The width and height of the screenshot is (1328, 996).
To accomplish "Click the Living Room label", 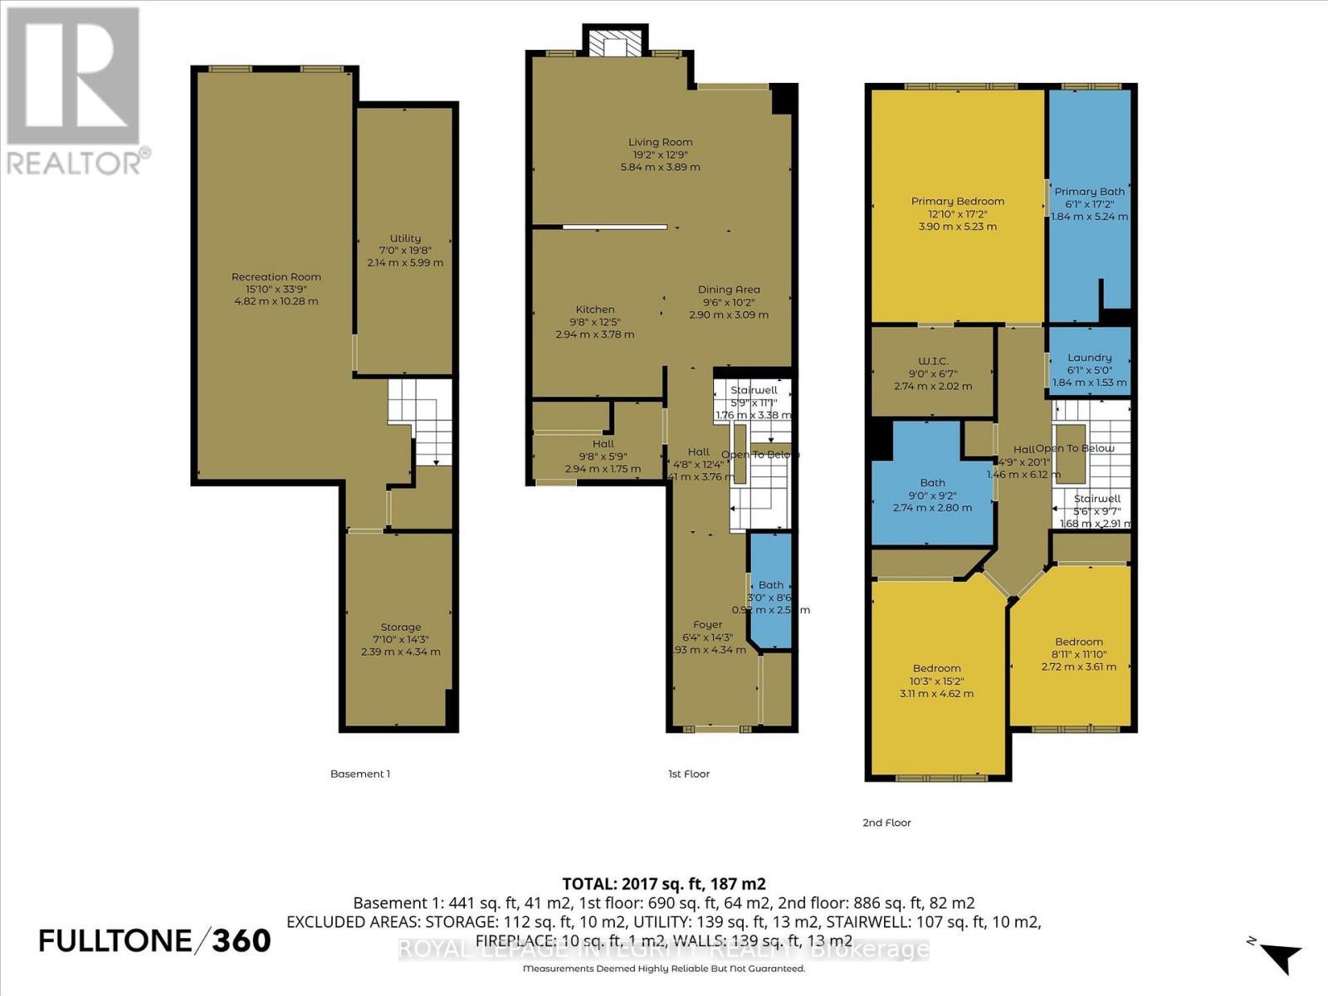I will [660, 143].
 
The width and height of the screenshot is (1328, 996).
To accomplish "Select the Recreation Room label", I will [276, 277].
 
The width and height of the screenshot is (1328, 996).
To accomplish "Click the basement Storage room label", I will [401, 627].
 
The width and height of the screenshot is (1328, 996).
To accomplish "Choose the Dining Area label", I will [729, 290].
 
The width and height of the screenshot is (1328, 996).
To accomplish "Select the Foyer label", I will [708, 625].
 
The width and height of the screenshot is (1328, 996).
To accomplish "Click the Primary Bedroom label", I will [957, 202].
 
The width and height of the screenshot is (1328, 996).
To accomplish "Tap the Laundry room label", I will [1089, 358].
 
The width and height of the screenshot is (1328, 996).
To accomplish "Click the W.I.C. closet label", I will [933, 362].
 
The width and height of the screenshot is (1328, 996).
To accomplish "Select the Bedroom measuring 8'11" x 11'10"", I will [1078, 642].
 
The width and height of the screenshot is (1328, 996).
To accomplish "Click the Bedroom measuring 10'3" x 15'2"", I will [936, 669].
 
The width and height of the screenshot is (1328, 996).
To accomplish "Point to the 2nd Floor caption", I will [886, 823].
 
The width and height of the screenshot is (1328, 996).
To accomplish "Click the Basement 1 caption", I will [360, 774].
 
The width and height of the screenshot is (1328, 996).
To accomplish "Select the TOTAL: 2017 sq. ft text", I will [663, 883].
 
